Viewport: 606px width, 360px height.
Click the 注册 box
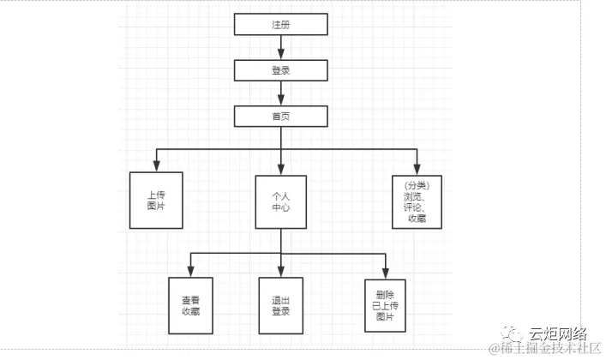281,26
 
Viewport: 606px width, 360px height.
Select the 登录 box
281,70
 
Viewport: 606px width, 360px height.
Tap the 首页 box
281,116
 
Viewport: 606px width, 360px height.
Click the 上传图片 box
156,201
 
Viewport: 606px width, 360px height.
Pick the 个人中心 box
281,201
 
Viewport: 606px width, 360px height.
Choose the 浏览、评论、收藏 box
417,201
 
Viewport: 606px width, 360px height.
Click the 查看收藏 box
190,306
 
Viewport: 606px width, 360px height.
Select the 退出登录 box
281,306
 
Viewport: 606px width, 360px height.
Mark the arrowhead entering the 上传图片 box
156,166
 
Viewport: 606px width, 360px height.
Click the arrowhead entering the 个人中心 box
281,169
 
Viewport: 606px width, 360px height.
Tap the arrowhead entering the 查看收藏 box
190,272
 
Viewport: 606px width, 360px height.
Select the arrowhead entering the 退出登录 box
281,272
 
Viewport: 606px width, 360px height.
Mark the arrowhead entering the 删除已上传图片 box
384,272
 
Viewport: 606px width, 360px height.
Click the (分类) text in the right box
417,185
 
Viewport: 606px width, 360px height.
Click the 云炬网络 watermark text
557,333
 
